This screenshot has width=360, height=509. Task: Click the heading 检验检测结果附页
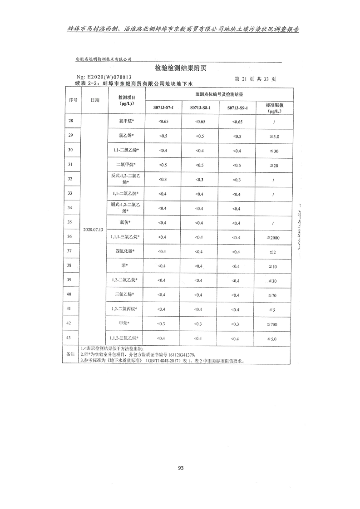pyautogui.click(x=181, y=69)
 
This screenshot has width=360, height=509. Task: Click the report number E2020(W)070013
pyautogui.click(x=104, y=78)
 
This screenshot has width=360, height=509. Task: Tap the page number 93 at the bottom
pyautogui.click(x=180, y=468)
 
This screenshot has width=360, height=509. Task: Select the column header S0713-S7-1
pyautogui.click(x=163, y=108)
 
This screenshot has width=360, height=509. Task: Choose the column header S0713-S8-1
pyautogui.click(x=200, y=108)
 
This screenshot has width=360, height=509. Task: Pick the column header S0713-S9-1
pyautogui.click(x=237, y=108)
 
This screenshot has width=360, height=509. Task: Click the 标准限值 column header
pyautogui.click(x=275, y=108)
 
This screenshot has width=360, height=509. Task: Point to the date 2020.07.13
pyautogui.click(x=94, y=230)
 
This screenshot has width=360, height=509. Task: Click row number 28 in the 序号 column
pyautogui.click(x=70, y=121)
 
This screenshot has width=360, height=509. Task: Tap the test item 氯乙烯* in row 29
pyautogui.click(x=126, y=135)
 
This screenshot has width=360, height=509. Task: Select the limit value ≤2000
pyautogui.click(x=275, y=238)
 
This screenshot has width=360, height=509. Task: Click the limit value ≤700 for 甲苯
pyautogui.click(x=275, y=324)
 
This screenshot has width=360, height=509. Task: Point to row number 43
pyautogui.click(x=70, y=338)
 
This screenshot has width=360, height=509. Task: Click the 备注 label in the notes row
pyautogui.click(x=70, y=354)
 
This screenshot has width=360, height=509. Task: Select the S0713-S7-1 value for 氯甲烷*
pyautogui.click(x=163, y=121)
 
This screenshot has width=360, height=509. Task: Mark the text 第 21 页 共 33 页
pyautogui.click(x=255, y=78)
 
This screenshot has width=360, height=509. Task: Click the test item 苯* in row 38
pyautogui.click(x=124, y=265)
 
